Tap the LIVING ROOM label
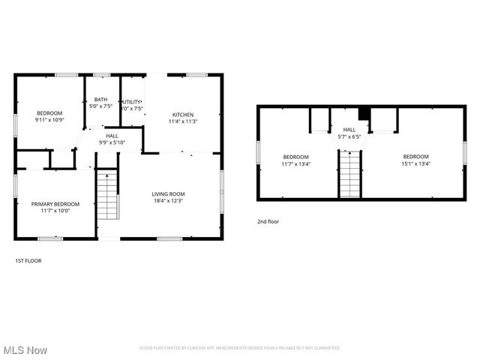(x=169, y=194)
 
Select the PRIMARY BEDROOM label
(x=55, y=204)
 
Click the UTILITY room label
(x=132, y=101)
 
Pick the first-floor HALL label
(x=112, y=136)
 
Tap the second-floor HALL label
(x=350, y=130)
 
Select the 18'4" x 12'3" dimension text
(x=169, y=201)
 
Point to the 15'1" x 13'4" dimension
(x=415, y=163)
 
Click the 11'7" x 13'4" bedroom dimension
(x=295, y=163)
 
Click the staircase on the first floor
(x=107, y=194)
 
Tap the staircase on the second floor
(x=349, y=173)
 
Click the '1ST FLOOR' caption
(x=28, y=261)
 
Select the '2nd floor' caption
(x=268, y=222)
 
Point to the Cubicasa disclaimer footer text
(x=239, y=348)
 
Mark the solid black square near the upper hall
(x=364, y=113)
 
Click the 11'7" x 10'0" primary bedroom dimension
(x=55, y=211)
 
